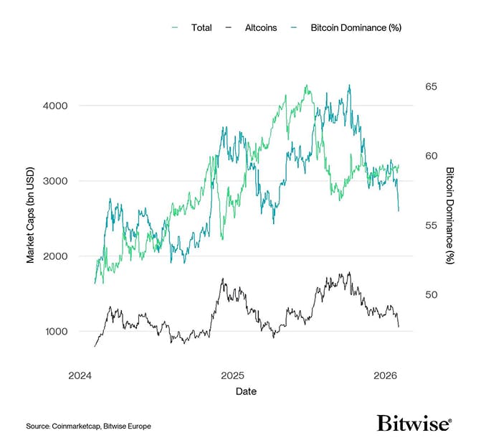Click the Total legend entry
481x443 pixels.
[x=201, y=28]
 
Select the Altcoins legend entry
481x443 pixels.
[x=261, y=28]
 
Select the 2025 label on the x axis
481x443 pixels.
[x=232, y=376]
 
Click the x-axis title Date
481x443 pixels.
[x=246, y=392]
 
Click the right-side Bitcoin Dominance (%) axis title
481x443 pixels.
[x=449, y=215]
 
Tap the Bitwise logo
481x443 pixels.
[x=414, y=423]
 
